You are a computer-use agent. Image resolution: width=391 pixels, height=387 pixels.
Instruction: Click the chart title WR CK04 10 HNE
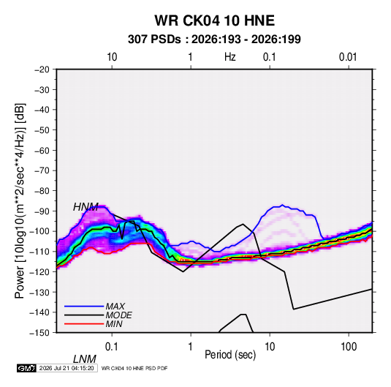[x=214, y=20]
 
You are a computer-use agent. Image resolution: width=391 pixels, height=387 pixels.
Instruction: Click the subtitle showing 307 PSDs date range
[x=214, y=40]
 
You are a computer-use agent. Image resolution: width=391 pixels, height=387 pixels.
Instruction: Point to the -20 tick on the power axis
[x=42, y=69]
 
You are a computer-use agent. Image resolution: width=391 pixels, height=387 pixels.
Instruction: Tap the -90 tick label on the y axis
[x=42, y=211]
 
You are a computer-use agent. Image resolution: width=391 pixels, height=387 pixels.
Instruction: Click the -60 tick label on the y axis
[x=42, y=151]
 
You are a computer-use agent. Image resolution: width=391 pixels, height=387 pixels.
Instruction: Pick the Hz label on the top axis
[x=230, y=57]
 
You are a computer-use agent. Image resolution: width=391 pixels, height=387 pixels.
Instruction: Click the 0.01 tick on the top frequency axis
[x=348, y=57]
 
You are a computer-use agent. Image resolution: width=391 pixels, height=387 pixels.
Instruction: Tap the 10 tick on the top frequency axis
[x=112, y=57]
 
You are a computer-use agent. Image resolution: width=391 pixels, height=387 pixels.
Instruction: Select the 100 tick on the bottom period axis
[x=349, y=347]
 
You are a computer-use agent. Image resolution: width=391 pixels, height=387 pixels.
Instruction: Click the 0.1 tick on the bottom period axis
[x=112, y=347]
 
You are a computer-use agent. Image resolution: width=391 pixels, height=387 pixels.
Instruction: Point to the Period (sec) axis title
[x=230, y=355]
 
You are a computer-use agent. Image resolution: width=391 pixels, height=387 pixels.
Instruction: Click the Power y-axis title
[x=20, y=201]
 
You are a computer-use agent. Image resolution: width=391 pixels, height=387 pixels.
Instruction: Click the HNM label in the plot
[x=86, y=207]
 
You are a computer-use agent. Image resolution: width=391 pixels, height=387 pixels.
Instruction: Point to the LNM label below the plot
[x=84, y=359]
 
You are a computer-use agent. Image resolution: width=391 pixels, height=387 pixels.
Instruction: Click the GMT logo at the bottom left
[x=27, y=368]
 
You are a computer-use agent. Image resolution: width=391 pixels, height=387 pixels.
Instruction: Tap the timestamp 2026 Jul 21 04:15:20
[x=67, y=368]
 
